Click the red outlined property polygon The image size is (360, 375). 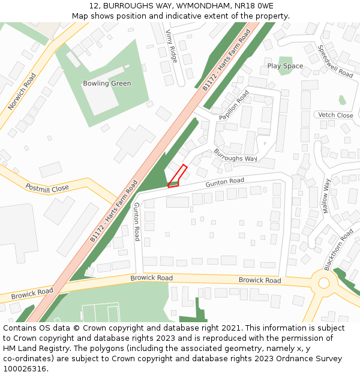tap(177, 177)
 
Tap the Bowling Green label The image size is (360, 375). tap(107, 83)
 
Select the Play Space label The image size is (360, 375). tap(285, 66)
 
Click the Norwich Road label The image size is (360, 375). tap(22, 92)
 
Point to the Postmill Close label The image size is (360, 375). tap(47, 188)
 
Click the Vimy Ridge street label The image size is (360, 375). tap(172, 46)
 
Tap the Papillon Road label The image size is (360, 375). tap(233, 105)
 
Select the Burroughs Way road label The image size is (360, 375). tap(235, 155)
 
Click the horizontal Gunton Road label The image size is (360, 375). tap(224, 181)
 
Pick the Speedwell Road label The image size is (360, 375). tap(335, 61)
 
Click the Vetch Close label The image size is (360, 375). tap(335, 115)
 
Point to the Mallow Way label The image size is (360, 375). tap(326, 196)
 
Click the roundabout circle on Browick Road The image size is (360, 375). tap(324, 283)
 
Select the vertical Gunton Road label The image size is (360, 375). tap(137, 221)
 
